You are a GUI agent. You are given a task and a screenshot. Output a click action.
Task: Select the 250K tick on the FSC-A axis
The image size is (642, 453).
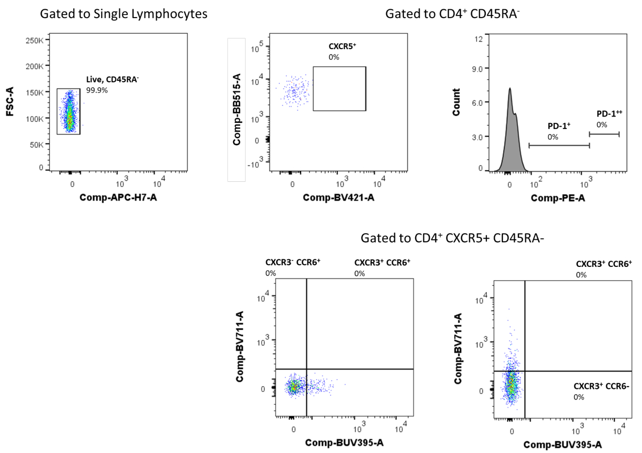34,41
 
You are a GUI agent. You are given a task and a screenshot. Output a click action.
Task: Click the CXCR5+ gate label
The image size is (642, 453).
342,47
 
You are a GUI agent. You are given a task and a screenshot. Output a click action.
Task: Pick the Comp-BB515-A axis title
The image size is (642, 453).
236,110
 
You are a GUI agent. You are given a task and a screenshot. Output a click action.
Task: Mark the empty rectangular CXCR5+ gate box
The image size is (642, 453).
339,89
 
